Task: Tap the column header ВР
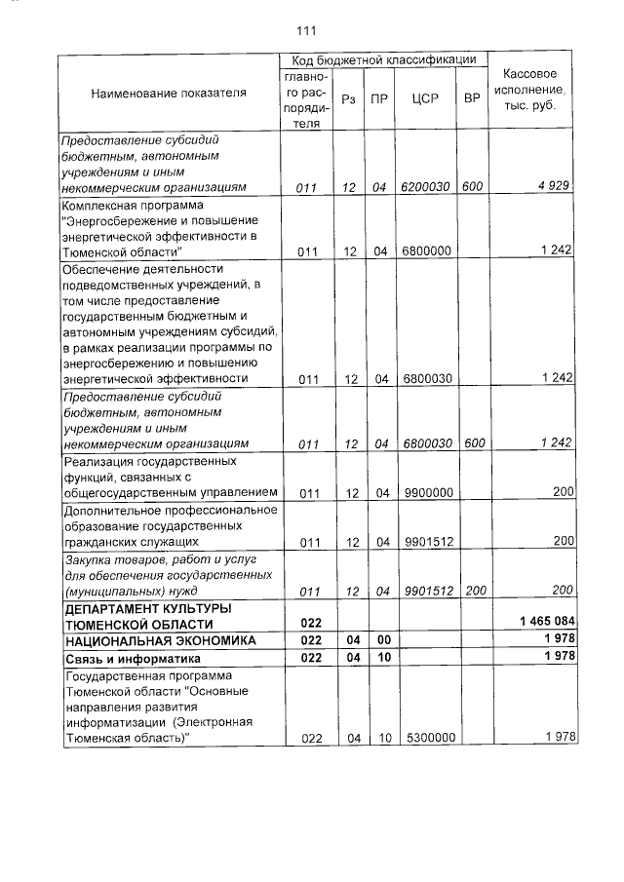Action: click(x=472, y=98)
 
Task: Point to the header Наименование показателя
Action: click(x=169, y=94)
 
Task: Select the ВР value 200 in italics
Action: click(x=475, y=591)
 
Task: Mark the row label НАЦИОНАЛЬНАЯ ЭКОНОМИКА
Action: click(x=160, y=640)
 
